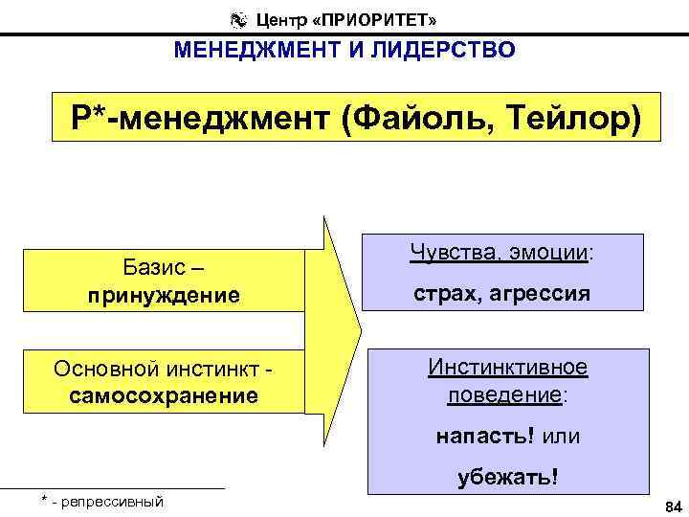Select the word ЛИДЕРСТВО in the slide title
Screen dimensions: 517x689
448,50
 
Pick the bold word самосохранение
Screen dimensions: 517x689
164,394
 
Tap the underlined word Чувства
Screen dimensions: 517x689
447,252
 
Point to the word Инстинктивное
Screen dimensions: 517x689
508,368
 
